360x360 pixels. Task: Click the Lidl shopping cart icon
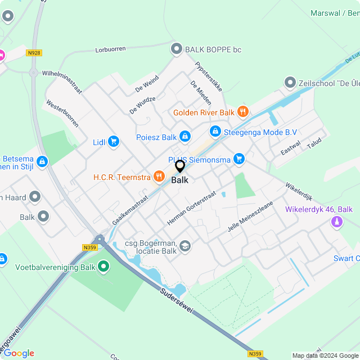(x=114, y=142)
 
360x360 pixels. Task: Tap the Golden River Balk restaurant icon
(x=243, y=112)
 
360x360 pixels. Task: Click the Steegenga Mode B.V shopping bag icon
(x=215, y=132)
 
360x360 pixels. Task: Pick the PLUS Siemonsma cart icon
(x=239, y=159)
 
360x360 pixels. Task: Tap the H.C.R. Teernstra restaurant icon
(x=159, y=178)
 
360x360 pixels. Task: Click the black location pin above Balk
(x=180, y=166)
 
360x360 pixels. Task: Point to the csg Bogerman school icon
(x=185, y=245)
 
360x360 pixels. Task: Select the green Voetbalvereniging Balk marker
(x=103, y=266)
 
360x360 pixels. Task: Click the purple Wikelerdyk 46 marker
(x=336, y=222)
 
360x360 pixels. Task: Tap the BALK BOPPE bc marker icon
(x=177, y=49)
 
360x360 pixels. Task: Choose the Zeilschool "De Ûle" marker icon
(x=290, y=83)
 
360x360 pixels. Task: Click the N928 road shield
(x=34, y=53)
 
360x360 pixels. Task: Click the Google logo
(x=19, y=353)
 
